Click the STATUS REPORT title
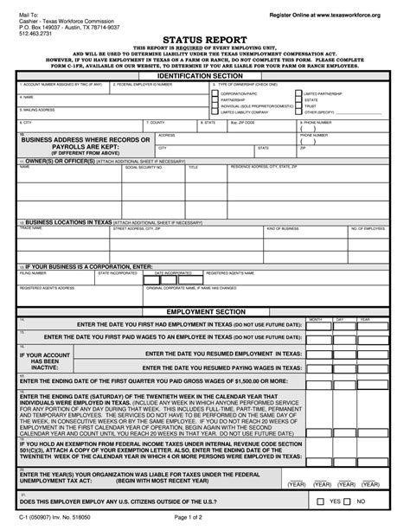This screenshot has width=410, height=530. (x=205, y=38)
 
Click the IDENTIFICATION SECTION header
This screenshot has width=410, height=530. (x=205, y=76)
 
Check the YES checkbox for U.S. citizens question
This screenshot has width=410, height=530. (x=335, y=501)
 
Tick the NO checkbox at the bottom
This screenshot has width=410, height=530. (x=365, y=501)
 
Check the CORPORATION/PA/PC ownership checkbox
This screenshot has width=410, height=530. (x=215, y=93)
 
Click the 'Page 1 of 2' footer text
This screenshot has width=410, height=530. (x=205, y=516)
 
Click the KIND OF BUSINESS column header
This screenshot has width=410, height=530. (x=282, y=228)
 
